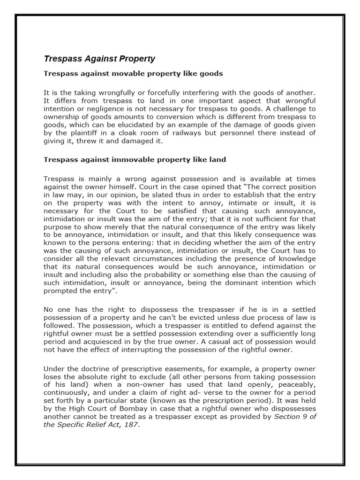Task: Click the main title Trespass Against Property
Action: pyautogui.click(x=99, y=59)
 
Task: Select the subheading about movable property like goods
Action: pyautogui.click(x=133, y=74)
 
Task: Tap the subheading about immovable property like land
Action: pyautogui.click(x=135, y=159)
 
